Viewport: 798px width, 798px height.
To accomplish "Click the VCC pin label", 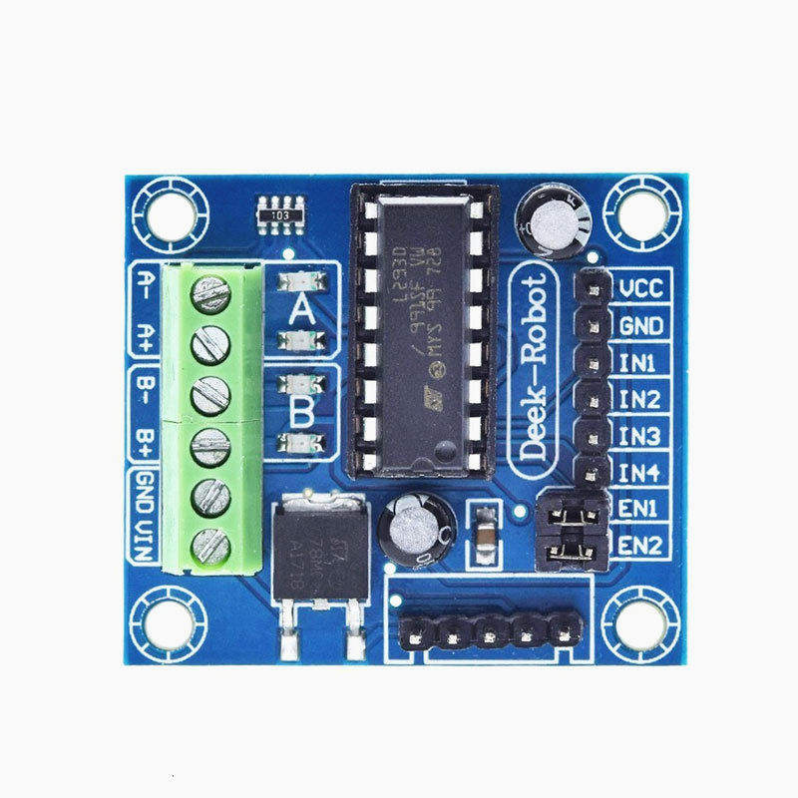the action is point(641,289).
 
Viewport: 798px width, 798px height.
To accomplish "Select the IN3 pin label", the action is point(639,436).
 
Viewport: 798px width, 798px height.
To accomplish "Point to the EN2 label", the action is point(639,545).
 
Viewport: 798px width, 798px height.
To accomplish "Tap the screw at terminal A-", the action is point(210,293).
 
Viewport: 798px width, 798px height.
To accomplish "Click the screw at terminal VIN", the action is point(210,545).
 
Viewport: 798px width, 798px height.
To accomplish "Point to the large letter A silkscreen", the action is point(301,312).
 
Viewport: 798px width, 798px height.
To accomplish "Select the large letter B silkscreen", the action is point(301,409).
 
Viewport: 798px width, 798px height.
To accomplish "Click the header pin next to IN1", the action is point(593,361).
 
